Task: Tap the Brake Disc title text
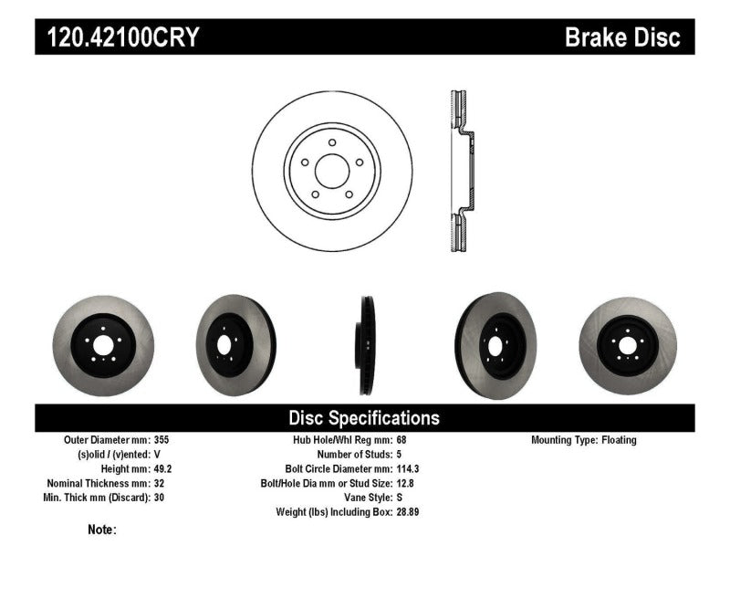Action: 622,37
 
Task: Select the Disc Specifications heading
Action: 364,418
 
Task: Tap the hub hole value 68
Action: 402,440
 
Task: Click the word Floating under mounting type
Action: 619,440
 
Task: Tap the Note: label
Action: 102,529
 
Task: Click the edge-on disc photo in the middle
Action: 365,331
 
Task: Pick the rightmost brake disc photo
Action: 627,331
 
